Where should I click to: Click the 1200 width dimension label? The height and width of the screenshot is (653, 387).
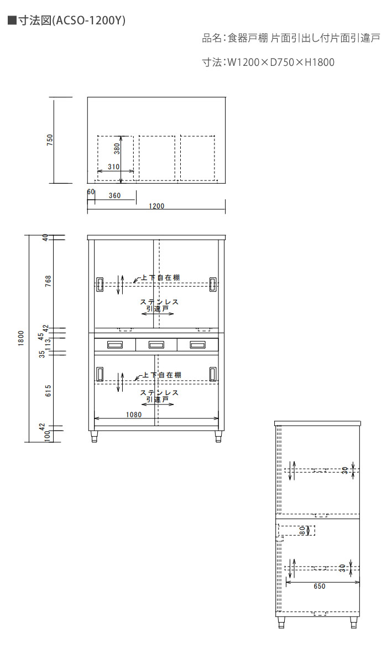coord(156,206)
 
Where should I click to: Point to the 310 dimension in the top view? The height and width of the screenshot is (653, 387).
coord(113,167)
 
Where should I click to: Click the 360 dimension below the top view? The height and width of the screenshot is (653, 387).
coord(114,195)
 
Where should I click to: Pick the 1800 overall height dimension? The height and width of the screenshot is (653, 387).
coord(21,338)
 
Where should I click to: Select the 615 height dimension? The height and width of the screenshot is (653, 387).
coord(48,391)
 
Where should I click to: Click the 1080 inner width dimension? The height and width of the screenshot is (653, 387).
coord(134,414)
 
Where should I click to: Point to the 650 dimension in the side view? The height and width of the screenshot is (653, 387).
coord(320,586)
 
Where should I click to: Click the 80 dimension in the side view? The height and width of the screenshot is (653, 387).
coord(302,531)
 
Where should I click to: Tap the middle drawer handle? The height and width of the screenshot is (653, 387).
coord(156,345)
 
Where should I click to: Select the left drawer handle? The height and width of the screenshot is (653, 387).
coord(115,345)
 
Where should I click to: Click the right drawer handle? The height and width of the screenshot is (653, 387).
coord(198,345)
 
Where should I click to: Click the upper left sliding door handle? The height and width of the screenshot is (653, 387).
coord(100,284)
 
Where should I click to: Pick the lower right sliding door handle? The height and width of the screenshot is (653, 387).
coord(213,374)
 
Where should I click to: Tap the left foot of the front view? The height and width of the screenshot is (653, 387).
coord(95,437)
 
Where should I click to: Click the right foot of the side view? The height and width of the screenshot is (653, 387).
coord(354,622)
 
